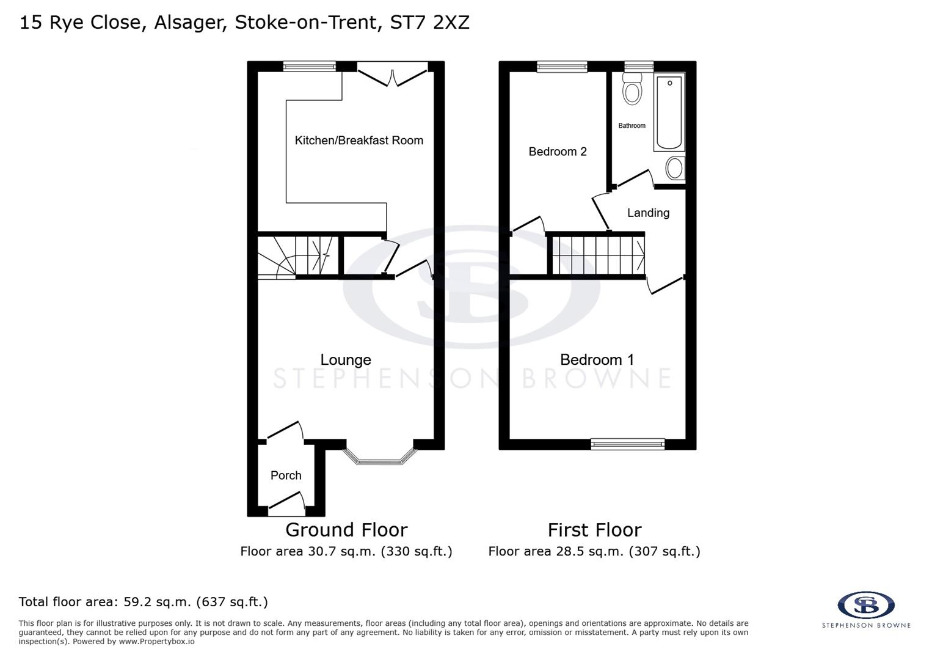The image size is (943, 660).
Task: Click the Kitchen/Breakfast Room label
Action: pyautogui.click(x=359, y=141)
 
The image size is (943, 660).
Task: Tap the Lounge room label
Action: pyautogui.click(x=346, y=360)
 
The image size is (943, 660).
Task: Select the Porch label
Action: pyautogui.click(x=286, y=475)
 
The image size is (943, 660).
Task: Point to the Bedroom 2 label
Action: pyautogui.click(x=557, y=152)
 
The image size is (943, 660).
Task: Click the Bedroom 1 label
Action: pyautogui.click(x=597, y=360)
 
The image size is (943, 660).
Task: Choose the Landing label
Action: pyautogui.click(x=648, y=213)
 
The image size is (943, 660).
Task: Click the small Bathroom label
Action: pyautogui.click(x=632, y=126)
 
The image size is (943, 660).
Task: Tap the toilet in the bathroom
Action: pyautogui.click(x=632, y=89)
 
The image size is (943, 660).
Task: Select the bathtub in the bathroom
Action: pyautogui.click(x=669, y=112)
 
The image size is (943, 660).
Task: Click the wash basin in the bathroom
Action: pyautogui.click(x=674, y=168)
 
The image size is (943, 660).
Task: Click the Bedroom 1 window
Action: pyautogui.click(x=627, y=444)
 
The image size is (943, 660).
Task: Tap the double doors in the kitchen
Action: pyautogui.click(x=392, y=75)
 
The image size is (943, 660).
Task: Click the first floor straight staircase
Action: pyautogui.click(x=597, y=255)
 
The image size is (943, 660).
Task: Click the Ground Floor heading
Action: pyautogui.click(x=346, y=530)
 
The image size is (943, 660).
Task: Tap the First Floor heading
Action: pyautogui.click(x=594, y=530)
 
